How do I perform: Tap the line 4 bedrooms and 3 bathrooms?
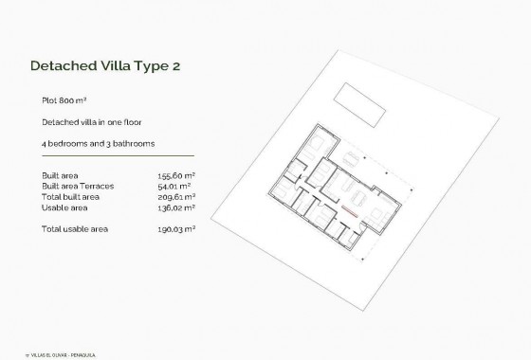[99, 143]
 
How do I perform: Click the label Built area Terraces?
[78, 186]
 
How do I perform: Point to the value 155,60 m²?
[176, 176]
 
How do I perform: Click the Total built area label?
[73, 196]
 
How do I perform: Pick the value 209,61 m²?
[176, 196]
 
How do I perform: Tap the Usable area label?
[65, 207]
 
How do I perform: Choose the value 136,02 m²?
[176, 207]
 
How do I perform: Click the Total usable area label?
[77, 228]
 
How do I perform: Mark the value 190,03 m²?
[176, 228]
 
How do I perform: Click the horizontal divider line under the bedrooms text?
[118, 155]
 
